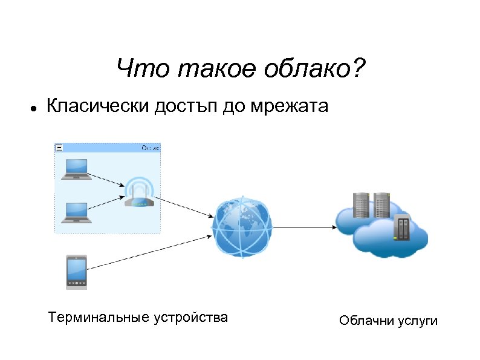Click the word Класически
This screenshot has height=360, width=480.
99,108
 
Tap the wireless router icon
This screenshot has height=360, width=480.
139,194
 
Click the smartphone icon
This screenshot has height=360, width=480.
77,272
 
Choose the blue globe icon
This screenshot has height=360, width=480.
242,227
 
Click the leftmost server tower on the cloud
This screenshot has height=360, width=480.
361,205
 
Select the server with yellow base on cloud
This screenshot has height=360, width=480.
401,227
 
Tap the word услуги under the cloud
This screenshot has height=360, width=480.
418,321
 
